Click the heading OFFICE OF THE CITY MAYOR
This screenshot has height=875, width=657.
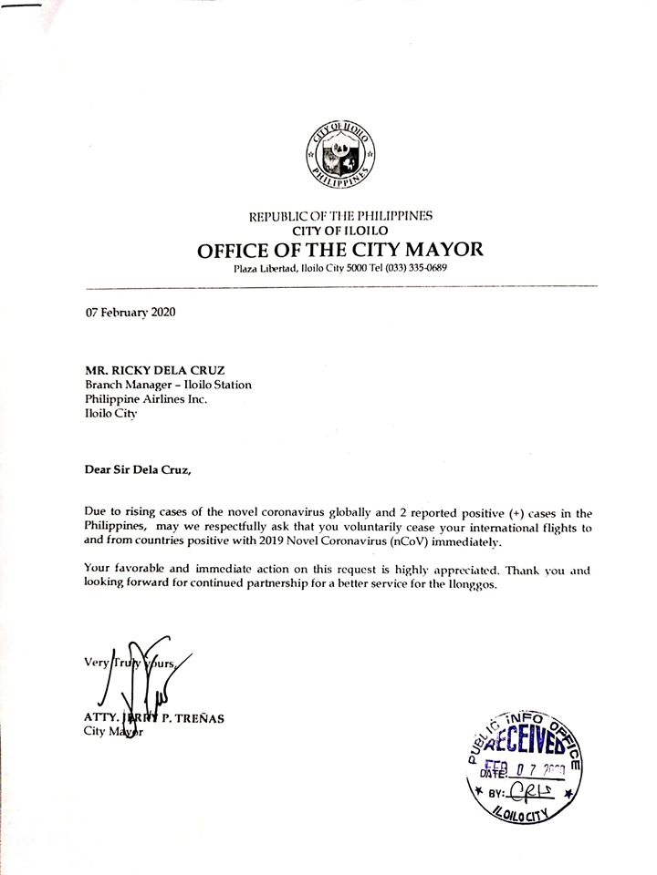click(x=340, y=249)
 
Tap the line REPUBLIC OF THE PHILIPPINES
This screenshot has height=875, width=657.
click(x=340, y=216)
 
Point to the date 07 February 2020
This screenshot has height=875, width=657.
click(x=130, y=312)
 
